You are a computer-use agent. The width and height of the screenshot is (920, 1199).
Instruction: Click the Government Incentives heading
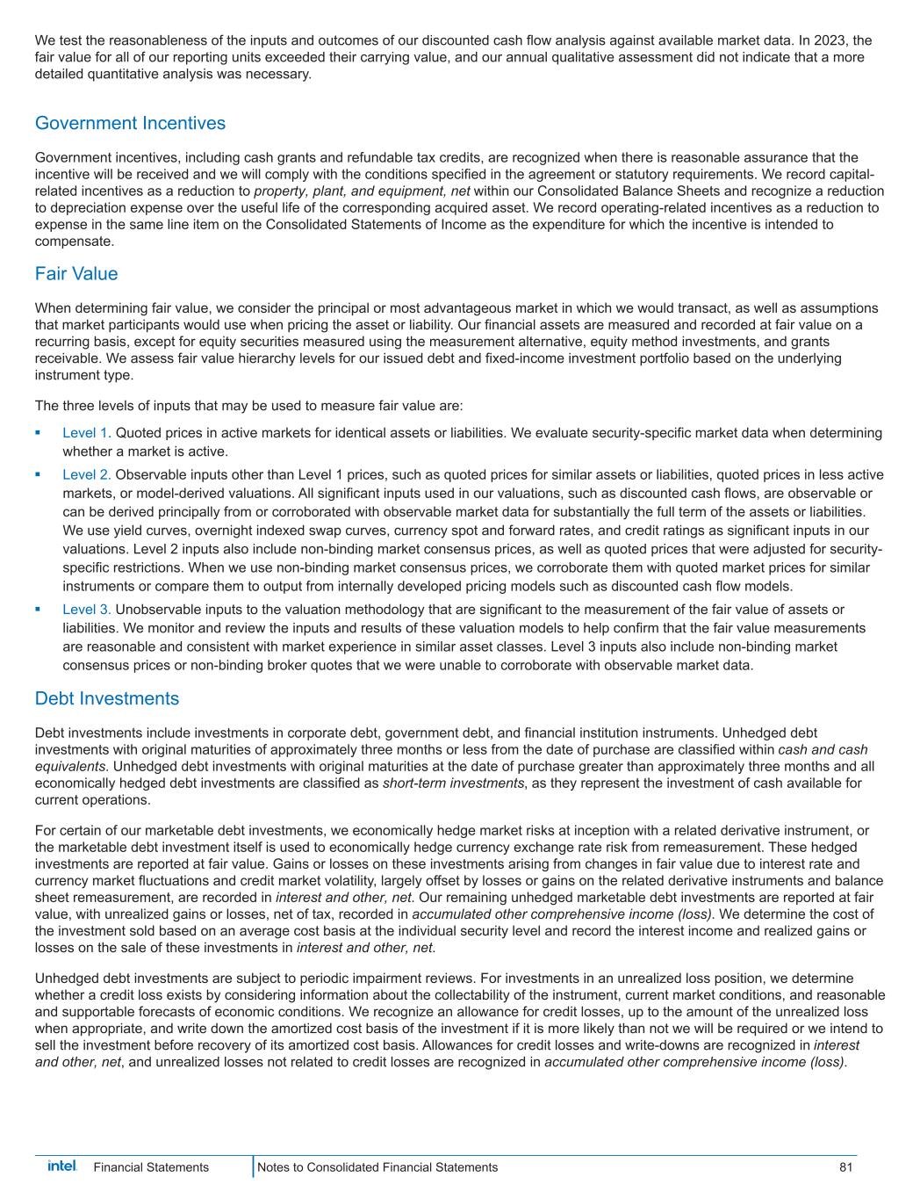130,123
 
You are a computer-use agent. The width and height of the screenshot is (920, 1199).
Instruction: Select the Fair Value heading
76,273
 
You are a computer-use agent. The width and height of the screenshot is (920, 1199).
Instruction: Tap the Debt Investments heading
106,698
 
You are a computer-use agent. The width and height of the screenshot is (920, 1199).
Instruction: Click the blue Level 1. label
86,433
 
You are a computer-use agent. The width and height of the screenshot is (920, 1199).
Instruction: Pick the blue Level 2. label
86,475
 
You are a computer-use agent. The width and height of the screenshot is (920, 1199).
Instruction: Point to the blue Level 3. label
86,610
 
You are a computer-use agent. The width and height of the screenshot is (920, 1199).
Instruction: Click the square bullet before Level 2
38,474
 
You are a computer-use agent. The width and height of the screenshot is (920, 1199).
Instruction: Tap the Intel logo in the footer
62,1166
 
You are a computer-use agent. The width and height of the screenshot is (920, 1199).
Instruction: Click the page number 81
845,1167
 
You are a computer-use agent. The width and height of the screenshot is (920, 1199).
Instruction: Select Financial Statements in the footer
151,1167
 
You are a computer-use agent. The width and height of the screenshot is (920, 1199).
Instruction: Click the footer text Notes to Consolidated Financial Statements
377,1167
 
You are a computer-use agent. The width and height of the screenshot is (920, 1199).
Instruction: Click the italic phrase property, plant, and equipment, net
362,191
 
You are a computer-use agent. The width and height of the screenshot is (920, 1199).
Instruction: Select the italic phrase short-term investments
453,784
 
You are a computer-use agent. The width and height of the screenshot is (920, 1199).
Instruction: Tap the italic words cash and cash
823,750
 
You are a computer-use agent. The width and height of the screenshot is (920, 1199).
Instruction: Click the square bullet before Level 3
38,609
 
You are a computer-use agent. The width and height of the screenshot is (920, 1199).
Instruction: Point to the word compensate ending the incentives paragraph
74,242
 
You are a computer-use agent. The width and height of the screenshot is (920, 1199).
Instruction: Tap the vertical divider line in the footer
254,1167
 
